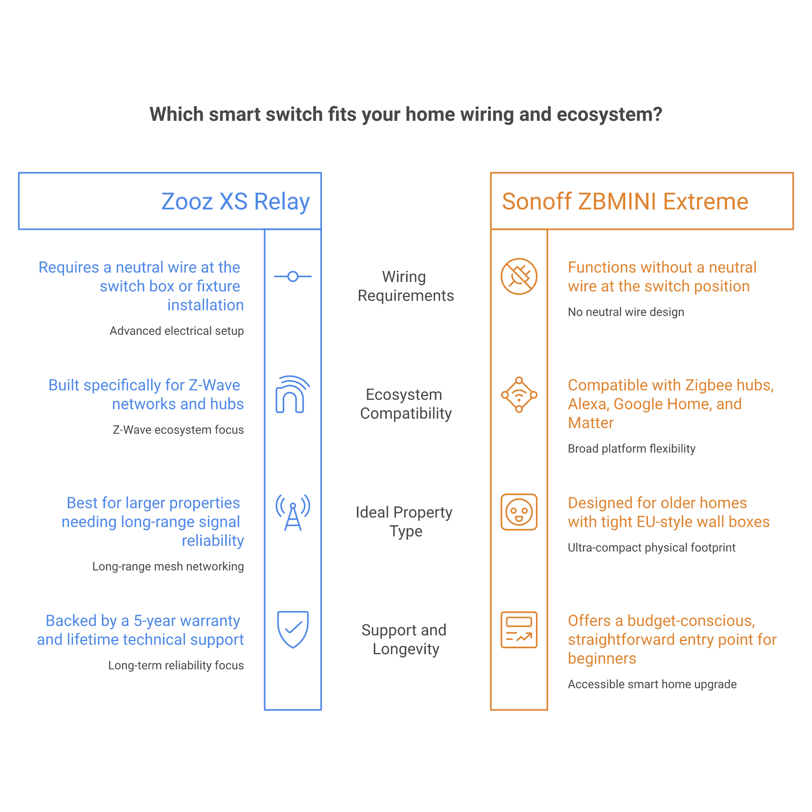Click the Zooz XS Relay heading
click(236, 201)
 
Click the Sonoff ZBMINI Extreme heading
click(625, 201)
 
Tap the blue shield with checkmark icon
click(293, 629)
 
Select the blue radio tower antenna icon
click(293, 512)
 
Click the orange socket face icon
click(519, 512)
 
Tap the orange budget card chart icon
click(519, 630)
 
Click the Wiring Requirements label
click(406, 286)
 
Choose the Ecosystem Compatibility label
click(406, 404)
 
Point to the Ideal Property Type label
click(404, 521)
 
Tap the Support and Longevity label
click(404, 639)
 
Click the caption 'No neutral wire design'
click(626, 312)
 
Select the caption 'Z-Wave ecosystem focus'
click(178, 429)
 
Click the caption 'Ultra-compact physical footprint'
click(651, 547)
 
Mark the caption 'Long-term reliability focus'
click(176, 665)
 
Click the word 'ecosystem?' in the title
click(609, 115)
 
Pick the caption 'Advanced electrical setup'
click(177, 331)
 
